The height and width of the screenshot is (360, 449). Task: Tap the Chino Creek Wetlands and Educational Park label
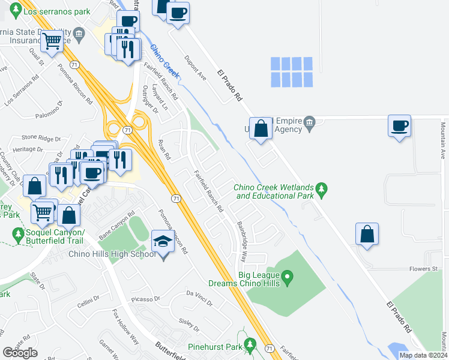275,191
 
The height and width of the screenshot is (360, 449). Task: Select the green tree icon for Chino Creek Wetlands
322,190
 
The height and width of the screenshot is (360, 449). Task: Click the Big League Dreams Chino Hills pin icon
288,277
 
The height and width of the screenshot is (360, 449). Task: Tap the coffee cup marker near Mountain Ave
400,127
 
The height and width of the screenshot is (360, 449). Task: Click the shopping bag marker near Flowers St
367,235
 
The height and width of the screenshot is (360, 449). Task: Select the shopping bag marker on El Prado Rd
261,129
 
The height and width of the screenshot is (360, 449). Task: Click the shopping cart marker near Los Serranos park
52,42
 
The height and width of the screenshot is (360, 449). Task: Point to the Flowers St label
423,269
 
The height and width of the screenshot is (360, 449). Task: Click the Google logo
20,353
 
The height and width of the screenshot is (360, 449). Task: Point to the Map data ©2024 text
423,355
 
